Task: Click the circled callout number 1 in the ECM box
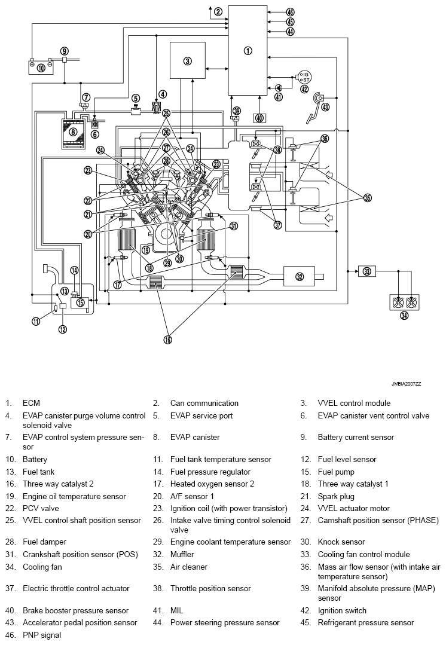click(x=248, y=51)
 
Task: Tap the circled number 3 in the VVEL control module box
click(x=187, y=60)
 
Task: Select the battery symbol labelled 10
click(x=41, y=66)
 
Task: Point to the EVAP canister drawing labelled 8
click(x=73, y=132)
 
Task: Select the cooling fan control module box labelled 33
click(x=366, y=271)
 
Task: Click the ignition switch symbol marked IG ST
click(x=306, y=77)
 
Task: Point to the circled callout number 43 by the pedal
click(x=325, y=107)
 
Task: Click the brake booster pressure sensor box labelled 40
click(x=259, y=118)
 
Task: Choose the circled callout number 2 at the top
click(x=218, y=11)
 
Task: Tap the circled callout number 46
click(x=291, y=12)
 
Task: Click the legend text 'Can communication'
click(x=204, y=403)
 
